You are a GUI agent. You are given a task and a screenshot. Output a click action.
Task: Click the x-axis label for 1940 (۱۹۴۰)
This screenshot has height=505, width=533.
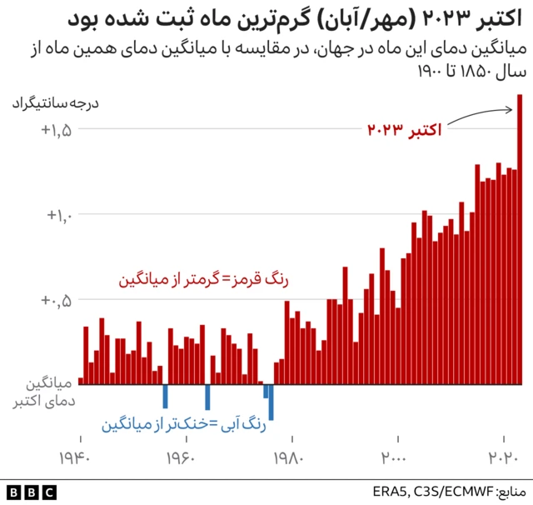[x=80, y=457]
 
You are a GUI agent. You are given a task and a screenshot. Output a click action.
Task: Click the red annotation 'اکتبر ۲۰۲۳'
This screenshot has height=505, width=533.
[x=405, y=130]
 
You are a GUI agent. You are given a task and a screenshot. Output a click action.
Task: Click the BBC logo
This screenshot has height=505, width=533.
[x=32, y=492]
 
